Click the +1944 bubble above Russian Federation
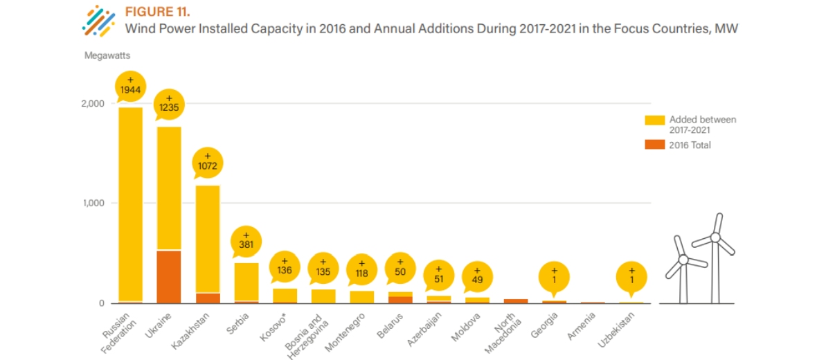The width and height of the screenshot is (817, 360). [130, 86]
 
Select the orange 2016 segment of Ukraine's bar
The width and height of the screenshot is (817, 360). [169, 276]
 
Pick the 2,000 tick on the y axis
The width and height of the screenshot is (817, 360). [93, 104]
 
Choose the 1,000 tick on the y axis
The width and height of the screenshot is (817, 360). [93, 204]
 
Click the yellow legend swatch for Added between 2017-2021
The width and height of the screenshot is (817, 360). [654, 120]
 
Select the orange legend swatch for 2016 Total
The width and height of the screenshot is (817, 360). [654, 145]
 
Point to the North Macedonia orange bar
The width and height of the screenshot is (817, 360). [516, 301]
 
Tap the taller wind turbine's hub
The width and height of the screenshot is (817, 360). [715, 237]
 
